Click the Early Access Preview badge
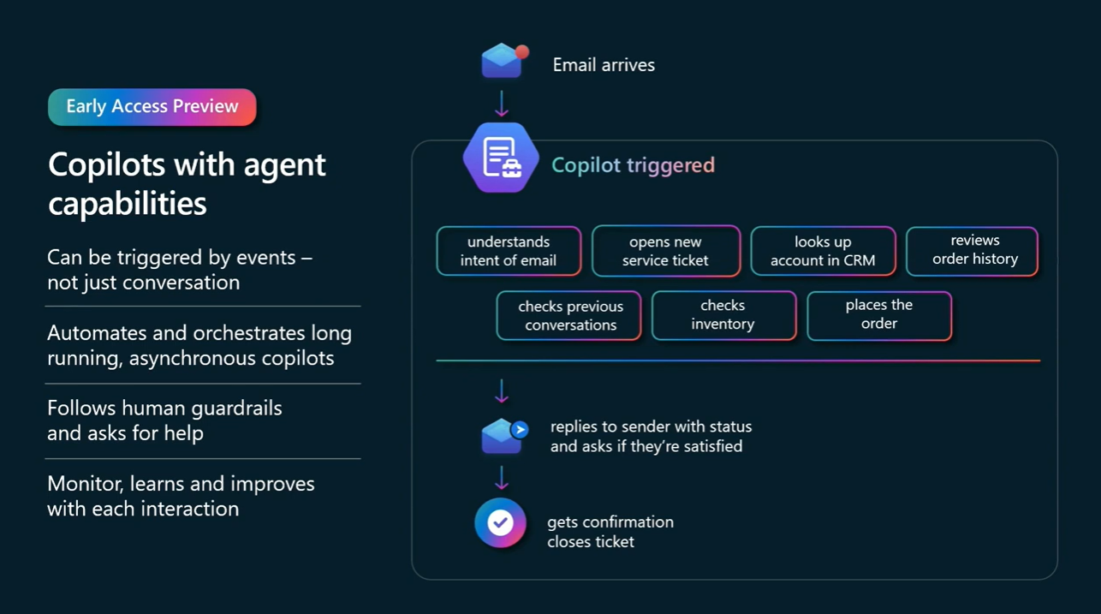tap(152, 107)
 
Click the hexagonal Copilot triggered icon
tap(501, 158)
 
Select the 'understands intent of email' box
tap(509, 251)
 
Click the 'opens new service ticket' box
tap(665, 251)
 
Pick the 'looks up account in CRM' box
tap(823, 251)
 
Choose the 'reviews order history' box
tap(972, 250)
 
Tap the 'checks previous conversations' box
tap(569, 316)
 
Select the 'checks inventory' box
tap(723, 315)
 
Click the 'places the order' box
tap(878, 315)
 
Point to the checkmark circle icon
tap(501, 522)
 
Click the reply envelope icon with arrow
tap(503, 436)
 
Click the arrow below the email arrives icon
tap(502, 104)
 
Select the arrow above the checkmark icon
tap(502, 478)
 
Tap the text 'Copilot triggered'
tap(633, 165)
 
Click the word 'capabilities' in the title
tap(128, 204)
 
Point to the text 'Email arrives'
tap(604, 65)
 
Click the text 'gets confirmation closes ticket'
tap(610, 532)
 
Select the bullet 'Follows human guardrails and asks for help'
tap(164, 420)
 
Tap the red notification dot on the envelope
tap(521, 51)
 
